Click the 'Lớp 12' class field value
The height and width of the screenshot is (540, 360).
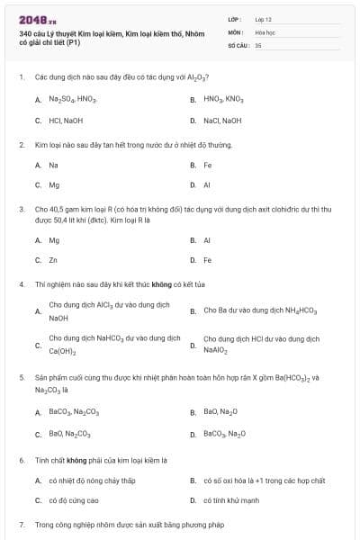(263, 18)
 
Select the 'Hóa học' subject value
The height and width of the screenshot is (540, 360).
(265, 31)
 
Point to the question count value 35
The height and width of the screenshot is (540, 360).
(258, 44)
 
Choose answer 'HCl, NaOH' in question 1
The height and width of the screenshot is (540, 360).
(66, 120)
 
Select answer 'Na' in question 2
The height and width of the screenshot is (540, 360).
(53, 165)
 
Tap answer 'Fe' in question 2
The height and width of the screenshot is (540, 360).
(208, 165)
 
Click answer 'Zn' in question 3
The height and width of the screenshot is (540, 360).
(53, 260)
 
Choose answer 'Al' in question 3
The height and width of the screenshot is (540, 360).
(207, 240)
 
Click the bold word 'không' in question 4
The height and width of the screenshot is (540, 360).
(137, 283)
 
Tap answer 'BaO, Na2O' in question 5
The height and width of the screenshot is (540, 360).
(221, 411)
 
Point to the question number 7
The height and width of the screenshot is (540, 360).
(21, 524)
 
